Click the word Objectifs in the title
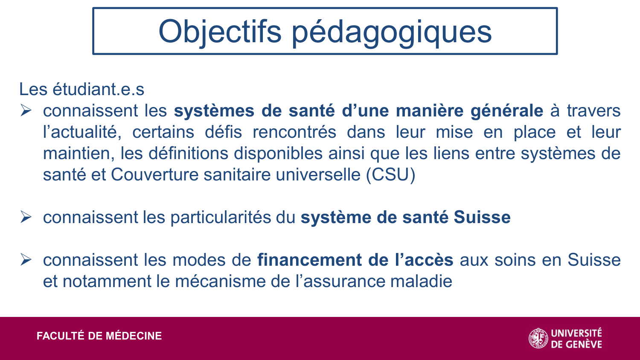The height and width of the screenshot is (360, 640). tap(220, 32)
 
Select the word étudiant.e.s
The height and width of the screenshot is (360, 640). tap(99, 89)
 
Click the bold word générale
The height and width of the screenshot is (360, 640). tap(506, 111)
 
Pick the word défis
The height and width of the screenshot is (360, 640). tap(223, 132)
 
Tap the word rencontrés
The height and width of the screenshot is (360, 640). tap(294, 132)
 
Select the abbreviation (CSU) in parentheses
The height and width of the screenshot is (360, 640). tap(390, 175)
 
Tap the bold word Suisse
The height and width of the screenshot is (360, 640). tap(482, 218)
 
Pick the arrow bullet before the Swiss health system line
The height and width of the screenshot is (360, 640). tap(26, 218)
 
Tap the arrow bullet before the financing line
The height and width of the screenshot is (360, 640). tap(26, 260)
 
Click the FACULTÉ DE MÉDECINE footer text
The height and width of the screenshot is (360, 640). tap(99, 336)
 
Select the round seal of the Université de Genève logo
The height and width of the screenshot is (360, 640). tap(538, 338)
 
